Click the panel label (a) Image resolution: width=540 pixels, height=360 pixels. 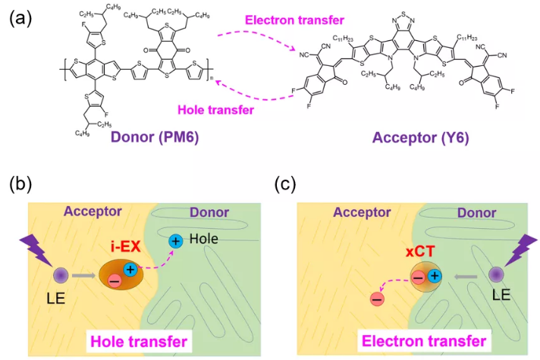(20, 17)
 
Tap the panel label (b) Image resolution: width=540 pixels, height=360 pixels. (20, 183)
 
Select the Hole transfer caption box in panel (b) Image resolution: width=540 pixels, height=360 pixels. (139, 340)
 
